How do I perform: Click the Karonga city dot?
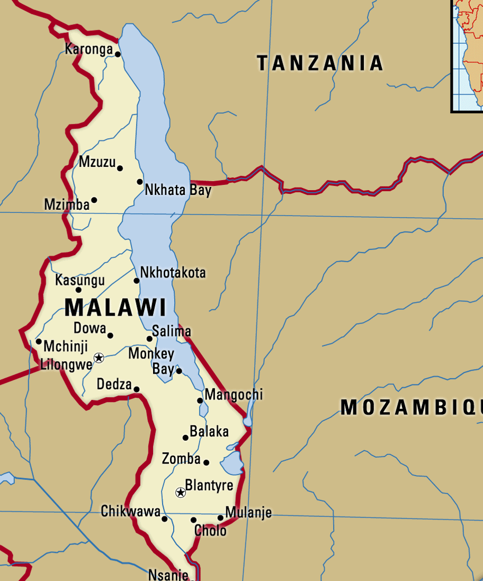pos(118,54)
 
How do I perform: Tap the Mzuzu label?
pos(97,162)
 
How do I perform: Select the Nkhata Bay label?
pos(178,190)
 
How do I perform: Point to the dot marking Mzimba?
pos(94,200)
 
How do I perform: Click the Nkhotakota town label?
pos(173,273)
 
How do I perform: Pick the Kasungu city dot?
pos(78,290)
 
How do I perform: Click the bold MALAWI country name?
pos(115,308)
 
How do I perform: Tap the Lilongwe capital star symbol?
pos(99,358)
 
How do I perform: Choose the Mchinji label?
pos(65,346)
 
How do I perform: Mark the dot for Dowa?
pos(110,335)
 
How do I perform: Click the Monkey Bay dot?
pos(179,371)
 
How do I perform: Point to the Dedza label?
pos(114,384)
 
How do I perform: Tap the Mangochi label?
pos(233,395)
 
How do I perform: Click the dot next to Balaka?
pos(185,437)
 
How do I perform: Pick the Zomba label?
pos(181,459)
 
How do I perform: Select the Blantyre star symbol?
pos(180,493)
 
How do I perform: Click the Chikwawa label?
pos(130,512)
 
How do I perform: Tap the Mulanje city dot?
pos(220,517)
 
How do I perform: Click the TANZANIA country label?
pos(320,63)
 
